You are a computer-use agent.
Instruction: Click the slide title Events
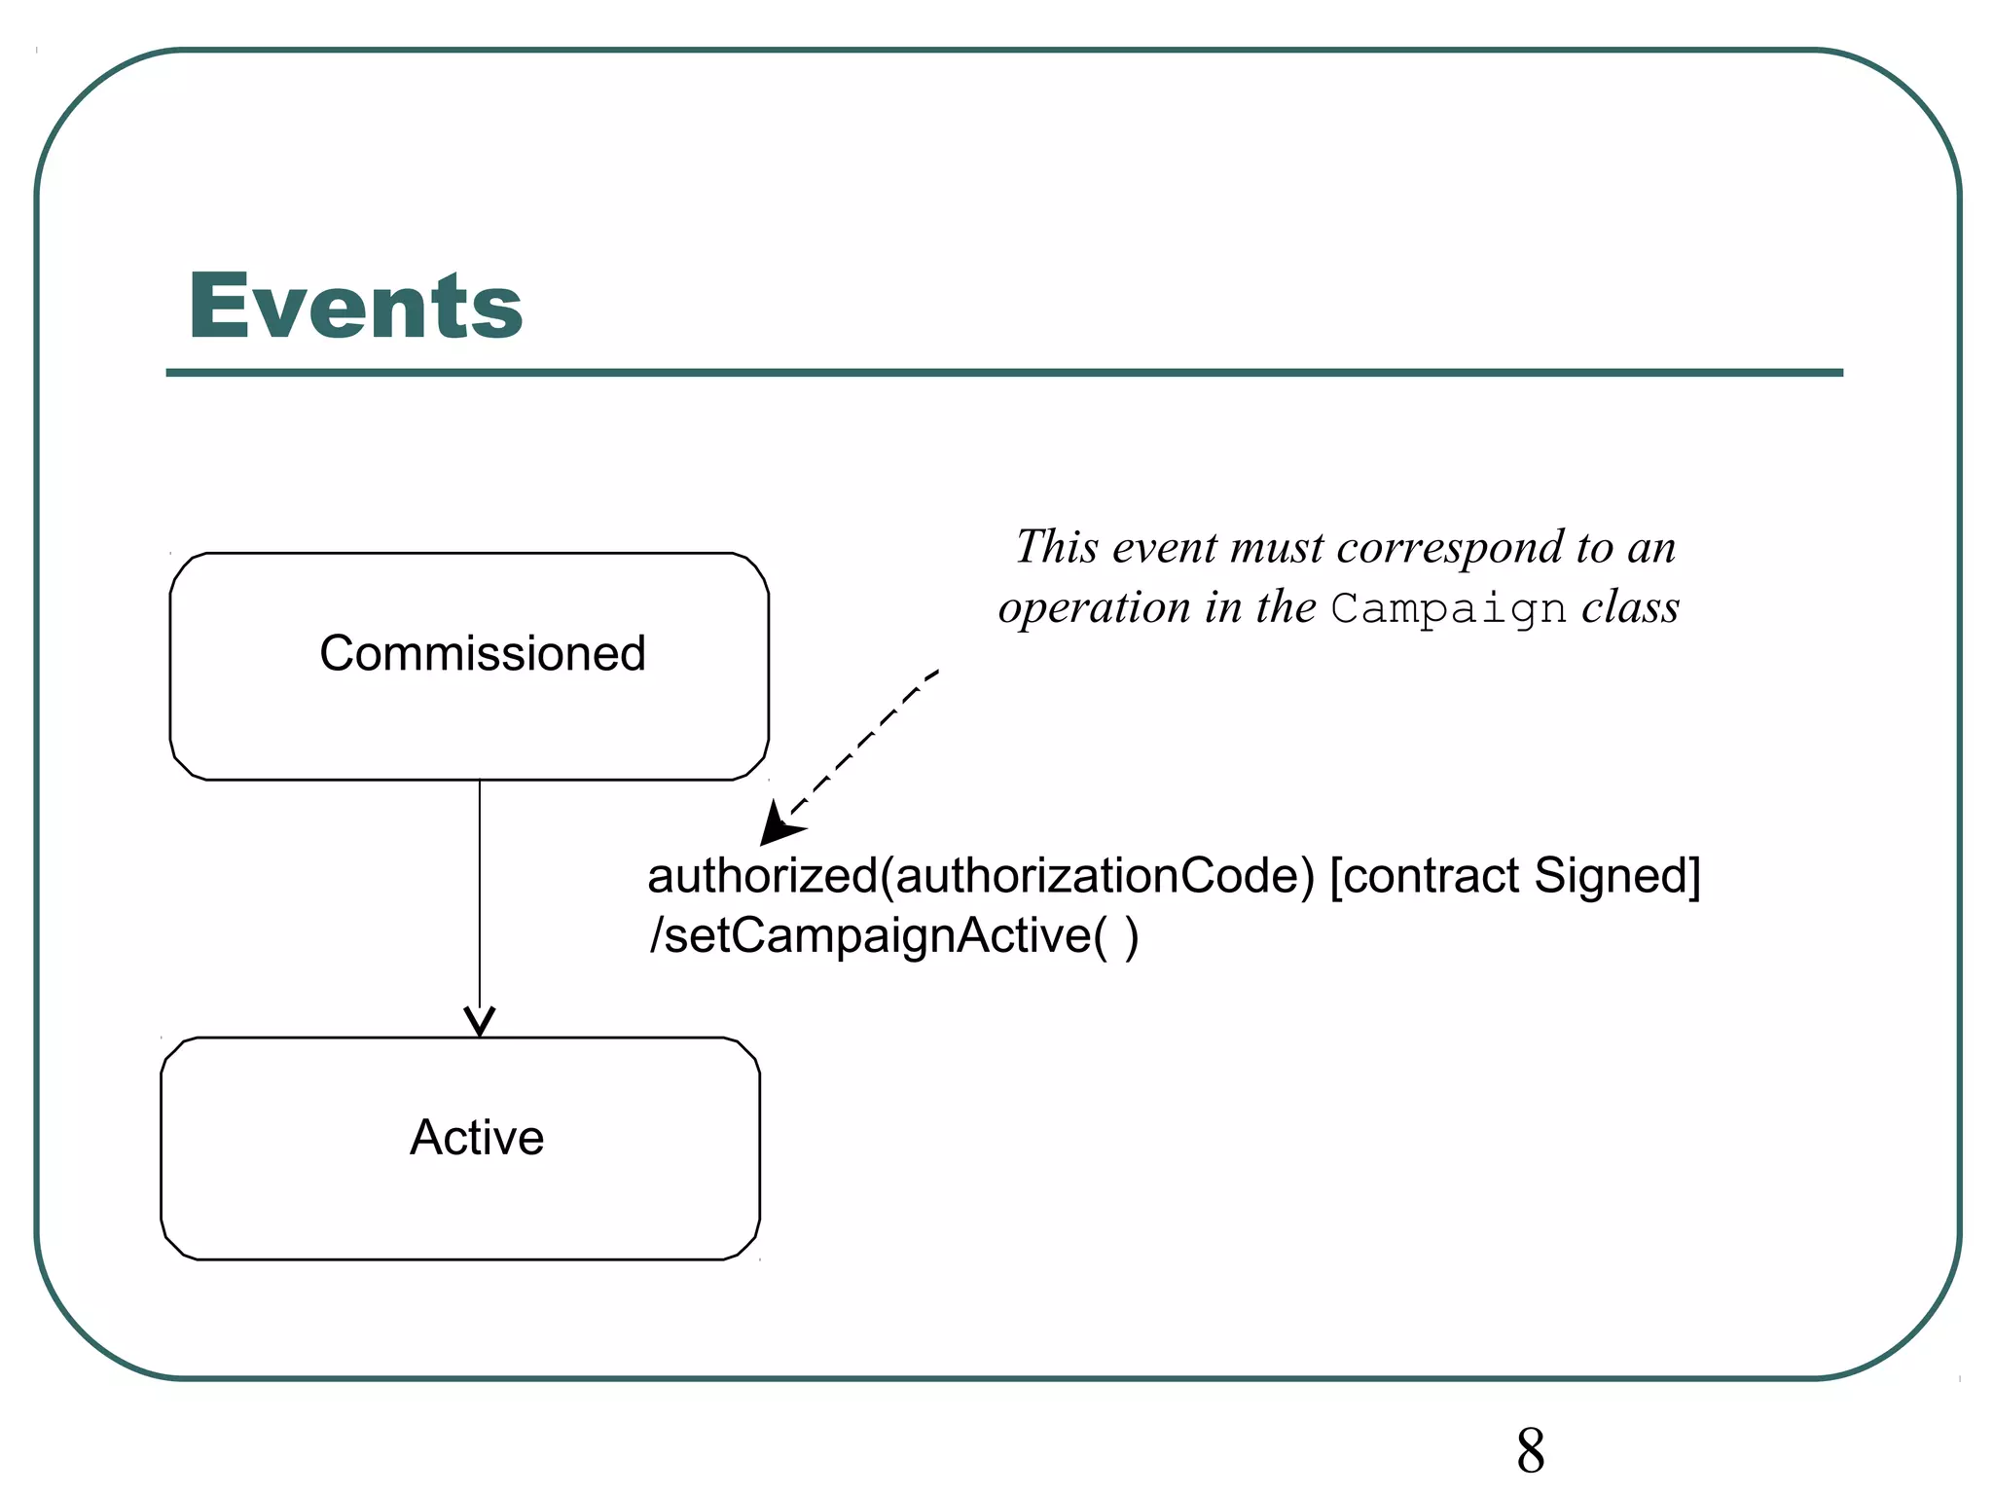pyautogui.click(x=355, y=307)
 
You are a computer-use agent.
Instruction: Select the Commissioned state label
pyautogui.click(x=483, y=653)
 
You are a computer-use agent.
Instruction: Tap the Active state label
pyautogui.click(x=477, y=1137)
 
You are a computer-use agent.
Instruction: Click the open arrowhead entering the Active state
pyautogui.click(x=480, y=1023)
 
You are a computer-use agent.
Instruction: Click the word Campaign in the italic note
pyautogui.click(x=1448, y=609)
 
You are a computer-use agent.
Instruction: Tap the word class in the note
pyautogui.click(x=1631, y=607)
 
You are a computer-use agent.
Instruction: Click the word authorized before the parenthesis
pyautogui.click(x=762, y=876)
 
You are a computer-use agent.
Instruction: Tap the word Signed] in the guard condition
pyautogui.click(x=1616, y=875)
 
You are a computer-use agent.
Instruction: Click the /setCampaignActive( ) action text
pyautogui.click(x=893, y=936)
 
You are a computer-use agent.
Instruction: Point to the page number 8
pyautogui.click(x=1530, y=1451)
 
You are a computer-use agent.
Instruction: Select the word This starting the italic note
pyautogui.click(x=1057, y=547)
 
